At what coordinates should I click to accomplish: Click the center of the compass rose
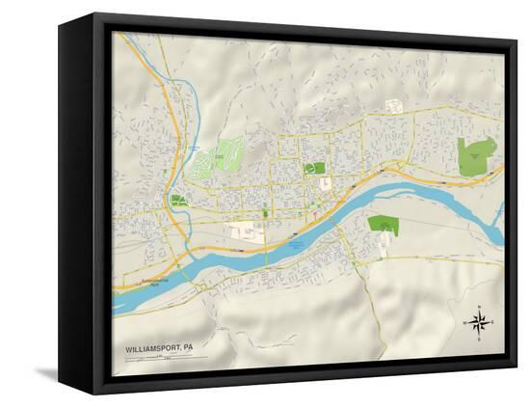click(x=478, y=322)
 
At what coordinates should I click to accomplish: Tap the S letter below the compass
click(x=478, y=338)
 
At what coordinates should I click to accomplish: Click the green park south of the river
click(x=383, y=224)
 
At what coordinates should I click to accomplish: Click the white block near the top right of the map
click(x=394, y=106)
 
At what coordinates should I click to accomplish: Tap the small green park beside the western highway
click(x=177, y=201)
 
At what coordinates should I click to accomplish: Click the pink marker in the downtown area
click(x=315, y=214)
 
